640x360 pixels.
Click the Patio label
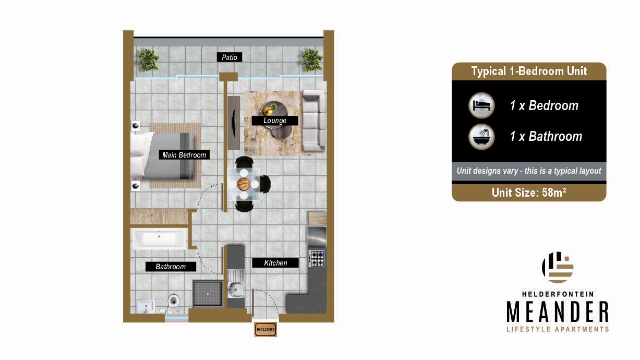pyautogui.click(x=230, y=57)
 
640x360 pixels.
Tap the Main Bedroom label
pyautogui.click(x=184, y=155)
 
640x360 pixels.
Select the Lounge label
pyautogui.click(x=275, y=121)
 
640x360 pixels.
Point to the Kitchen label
pyautogui.click(x=275, y=263)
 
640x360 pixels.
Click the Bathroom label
pyautogui.click(x=171, y=267)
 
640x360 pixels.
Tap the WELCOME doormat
pyautogui.click(x=265, y=329)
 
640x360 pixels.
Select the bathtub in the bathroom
pyautogui.click(x=159, y=239)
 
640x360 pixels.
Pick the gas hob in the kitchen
pyautogui.click(x=317, y=259)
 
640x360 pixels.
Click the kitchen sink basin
pyautogui.click(x=236, y=290)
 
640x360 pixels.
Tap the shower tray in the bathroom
pyautogui.click(x=208, y=294)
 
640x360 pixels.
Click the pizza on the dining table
pyautogui.click(x=244, y=184)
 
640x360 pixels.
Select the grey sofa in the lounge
pyautogui.click(x=313, y=121)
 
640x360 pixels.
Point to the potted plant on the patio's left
pyautogui.click(x=148, y=61)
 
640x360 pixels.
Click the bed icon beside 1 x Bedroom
pyautogui.click(x=482, y=105)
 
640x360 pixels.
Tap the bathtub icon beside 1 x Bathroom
pyautogui.click(x=482, y=137)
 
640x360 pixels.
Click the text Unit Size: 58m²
pyautogui.click(x=529, y=193)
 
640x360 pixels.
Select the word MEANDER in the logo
pyautogui.click(x=558, y=312)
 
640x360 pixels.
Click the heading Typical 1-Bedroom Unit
pyautogui.click(x=529, y=71)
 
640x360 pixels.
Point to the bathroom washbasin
pyautogui.click(x=146, y=306)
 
